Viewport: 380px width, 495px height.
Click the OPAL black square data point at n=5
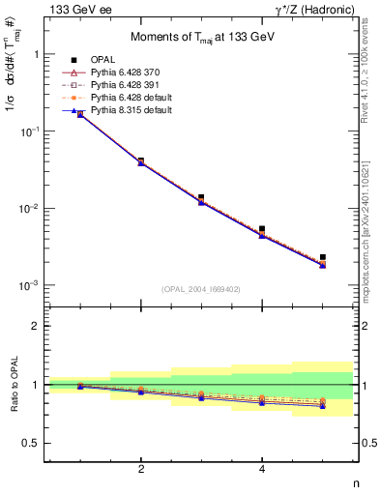(322, 257)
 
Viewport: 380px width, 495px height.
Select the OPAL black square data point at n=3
(201, 197)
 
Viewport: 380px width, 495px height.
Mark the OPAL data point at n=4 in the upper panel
(262, 229)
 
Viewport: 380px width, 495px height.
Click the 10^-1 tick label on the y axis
(30, 131)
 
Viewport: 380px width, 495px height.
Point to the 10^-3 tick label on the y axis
(30, 286)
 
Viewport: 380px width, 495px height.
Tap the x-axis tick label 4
(262, 469)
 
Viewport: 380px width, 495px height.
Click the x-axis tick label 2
(141, 469)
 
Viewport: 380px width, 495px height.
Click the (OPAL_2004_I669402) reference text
(200, 289)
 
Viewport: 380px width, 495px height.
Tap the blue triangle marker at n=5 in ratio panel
(322, 406)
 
